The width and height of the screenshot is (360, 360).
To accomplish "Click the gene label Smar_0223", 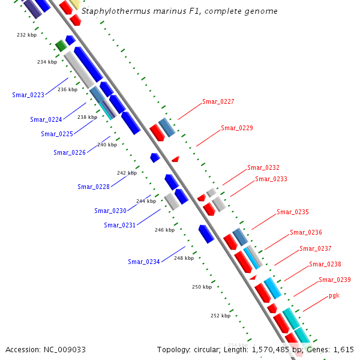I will (28, 95).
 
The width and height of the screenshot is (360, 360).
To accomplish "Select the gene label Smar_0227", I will (218, 101).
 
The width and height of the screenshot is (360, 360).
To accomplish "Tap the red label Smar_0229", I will (236, 128).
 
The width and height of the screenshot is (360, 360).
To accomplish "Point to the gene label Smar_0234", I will (143, 262).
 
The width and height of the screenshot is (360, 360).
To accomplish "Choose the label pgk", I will (334, 296).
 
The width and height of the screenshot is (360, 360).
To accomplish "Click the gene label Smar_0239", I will (335, 280).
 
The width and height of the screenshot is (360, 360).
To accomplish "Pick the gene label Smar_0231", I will (119, 225).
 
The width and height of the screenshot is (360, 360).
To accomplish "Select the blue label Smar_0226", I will (69, 152).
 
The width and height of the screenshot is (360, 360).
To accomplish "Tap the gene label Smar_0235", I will (292, 212).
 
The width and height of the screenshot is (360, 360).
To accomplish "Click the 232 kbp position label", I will (26, 35).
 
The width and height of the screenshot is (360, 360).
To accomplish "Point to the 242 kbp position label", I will (127, 173).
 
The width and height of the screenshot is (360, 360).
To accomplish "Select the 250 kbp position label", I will (202, 287).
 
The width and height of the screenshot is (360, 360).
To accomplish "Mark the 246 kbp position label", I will (164, 230).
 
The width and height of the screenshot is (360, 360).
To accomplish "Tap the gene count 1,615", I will (344, 349).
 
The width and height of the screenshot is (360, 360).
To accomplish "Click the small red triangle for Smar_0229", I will (176, 159).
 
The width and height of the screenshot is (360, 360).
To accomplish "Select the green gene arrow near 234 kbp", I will (60, 46).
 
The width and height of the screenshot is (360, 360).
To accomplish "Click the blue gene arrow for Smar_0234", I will (206, 233).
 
